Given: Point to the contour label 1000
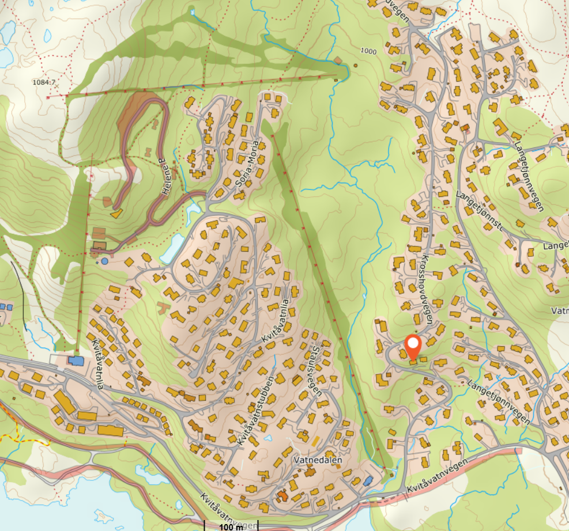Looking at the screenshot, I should click(x=368, y=51).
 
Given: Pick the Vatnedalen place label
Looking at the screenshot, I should click(x=318, y=461).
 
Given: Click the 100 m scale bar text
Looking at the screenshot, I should click(x=231, y=526).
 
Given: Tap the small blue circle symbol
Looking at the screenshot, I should click(x=104, y=261).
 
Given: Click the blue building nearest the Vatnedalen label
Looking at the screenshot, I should click(x=368, y=480).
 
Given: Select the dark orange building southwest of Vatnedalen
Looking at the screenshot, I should click(x=282, y=495).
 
